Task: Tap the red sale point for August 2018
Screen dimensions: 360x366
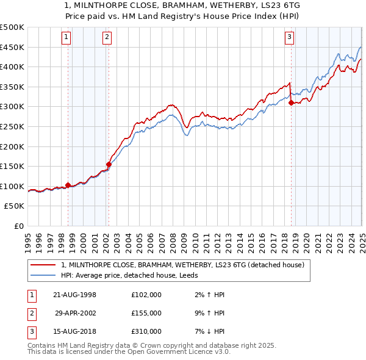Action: [x=292, y=103]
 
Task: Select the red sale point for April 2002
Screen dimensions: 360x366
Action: [x=109, y=164]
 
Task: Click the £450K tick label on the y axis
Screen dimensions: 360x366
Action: [x=12, y=47]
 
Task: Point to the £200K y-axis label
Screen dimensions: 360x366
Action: [x=12, y=146]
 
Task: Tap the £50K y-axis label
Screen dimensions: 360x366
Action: [x=15, y=206]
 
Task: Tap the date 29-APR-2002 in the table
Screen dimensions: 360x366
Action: [x=75, y=313]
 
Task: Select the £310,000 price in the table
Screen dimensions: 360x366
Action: [x=146, y=331]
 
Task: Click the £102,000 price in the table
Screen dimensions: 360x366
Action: [x=146, y=295]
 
